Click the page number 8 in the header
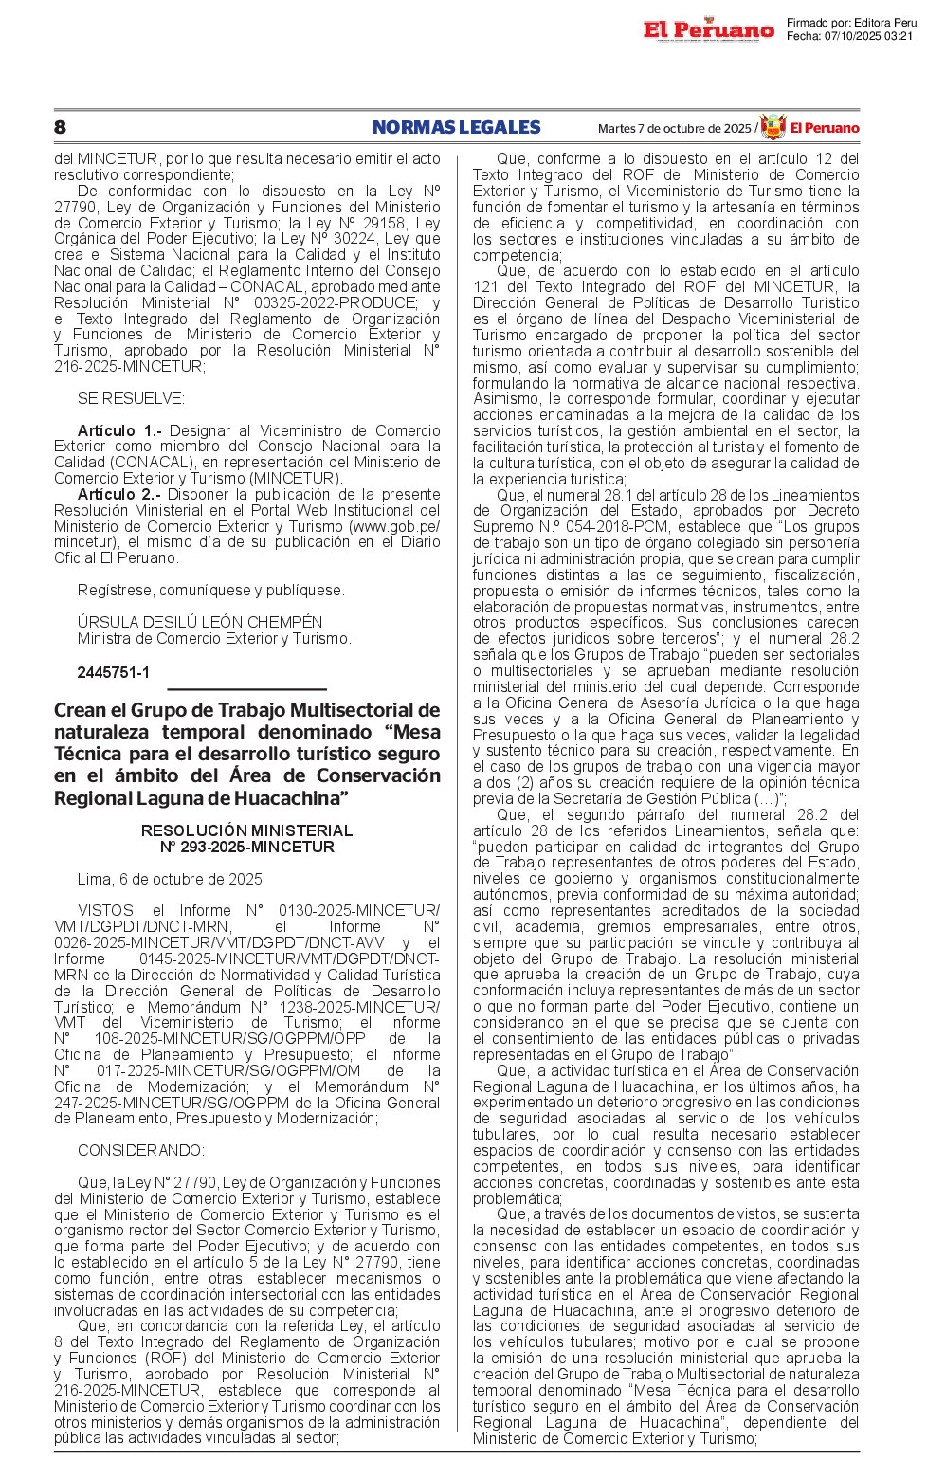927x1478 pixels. pyautogui.click(x=60, y=127)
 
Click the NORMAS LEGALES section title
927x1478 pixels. pyautogui.click(x=456, y=127)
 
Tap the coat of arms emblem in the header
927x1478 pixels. pyautogui.click(x=773, y=127)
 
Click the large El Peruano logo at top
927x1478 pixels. pyautogui.click(x=708, y=30)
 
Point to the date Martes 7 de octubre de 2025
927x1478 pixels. pyautogui.click(x=674, y=129)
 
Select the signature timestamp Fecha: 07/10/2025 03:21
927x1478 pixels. pyautogui.click(x=849, y=36)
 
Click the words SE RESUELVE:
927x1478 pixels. pyautogui.click(x=131, y=398)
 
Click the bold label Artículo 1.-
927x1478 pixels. pyautogui.click(x=119, y=430)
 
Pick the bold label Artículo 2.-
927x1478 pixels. pyautogui.click(x=119, y=494)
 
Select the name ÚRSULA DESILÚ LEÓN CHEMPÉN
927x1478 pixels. pyautogui.click(x=200, y=622)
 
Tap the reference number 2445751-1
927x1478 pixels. pyautogui.click(x=114, y=672)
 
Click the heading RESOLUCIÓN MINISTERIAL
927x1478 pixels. pyautogui.click(x=246, y=830)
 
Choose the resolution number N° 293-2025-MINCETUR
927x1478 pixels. pyautogui.click(x=246, y=847)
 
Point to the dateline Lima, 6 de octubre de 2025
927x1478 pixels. pyautogui.click(x=170, y=879)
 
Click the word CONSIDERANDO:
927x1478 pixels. pyautogui.click(x=140, y=1150)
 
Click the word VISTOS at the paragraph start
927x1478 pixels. pyautogui.click(x=107, y=910)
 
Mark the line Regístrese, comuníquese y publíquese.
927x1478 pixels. pyautogui.click(x=210, y=590)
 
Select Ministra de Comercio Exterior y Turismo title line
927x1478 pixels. pyautogui.click(x=214, y=638)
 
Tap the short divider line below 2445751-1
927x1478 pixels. pyautogui.click(x=246, y=689)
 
